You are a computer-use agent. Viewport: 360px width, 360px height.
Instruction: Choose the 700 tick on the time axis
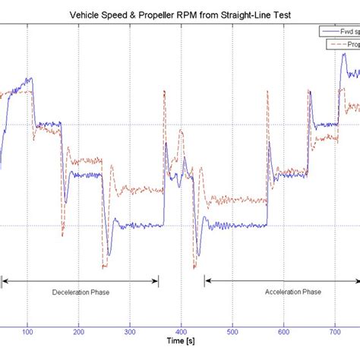pyautogui.click(x=335, y=332)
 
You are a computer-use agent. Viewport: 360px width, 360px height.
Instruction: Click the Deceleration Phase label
pyautogui.click(x=80, y=292)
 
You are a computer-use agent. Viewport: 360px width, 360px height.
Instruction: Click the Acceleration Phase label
pyautogui.click(x=292, y=292)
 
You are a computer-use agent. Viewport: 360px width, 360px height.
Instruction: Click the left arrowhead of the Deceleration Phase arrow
pyautogui.click(x=4, y=282)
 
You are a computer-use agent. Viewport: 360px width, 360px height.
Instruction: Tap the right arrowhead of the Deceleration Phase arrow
pyautogui.click(x=156, y=282)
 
